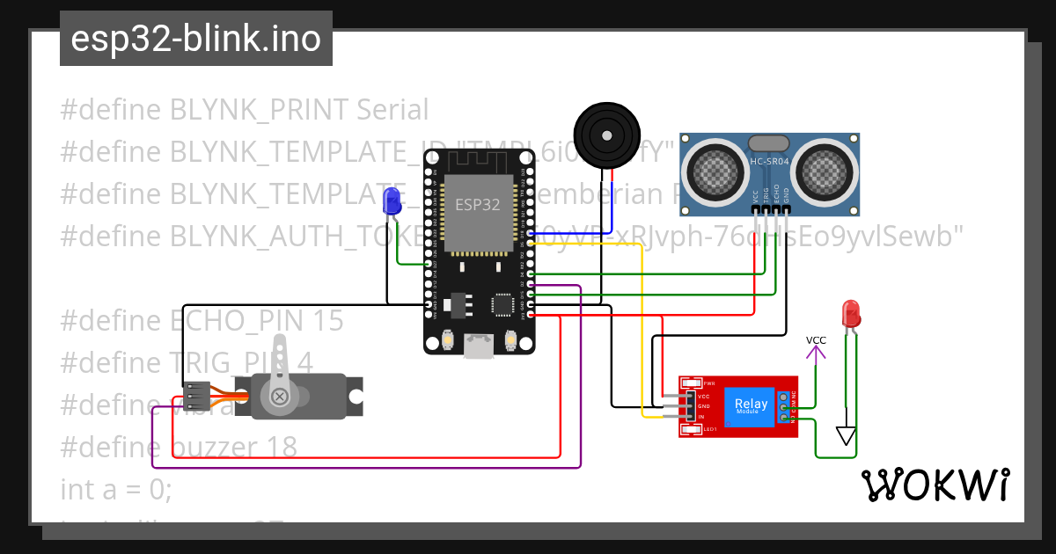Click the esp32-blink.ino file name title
pyautogui.click(x=195, y=40)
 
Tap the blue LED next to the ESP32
pyautogui.click(x=392, y=202)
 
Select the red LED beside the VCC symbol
pyautogui.click(x=850, y=313)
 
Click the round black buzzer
pyautogui.click(x=605, y=134)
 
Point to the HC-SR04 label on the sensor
pyautogui.click(x=770, y=162)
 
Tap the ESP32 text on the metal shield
pyautogui.click(x=476, y=204)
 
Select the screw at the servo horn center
pyautogui.click(x=281, y=397)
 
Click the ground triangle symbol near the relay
pyautogui.click(x=846, y=436)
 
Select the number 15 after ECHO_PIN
pyautogui.click(x=326, y=321)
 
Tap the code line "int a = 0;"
pyautogui.click(x=116, y=489)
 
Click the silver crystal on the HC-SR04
pyautogui.click(x=769, y=143)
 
